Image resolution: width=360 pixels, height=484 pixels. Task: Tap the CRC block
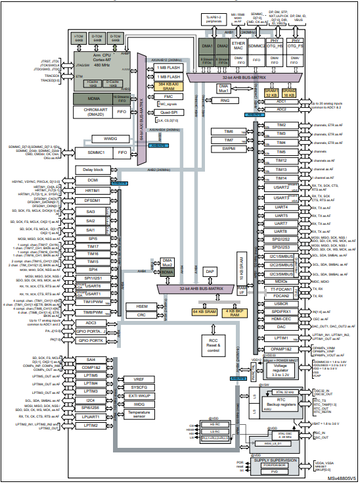[141, 316]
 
